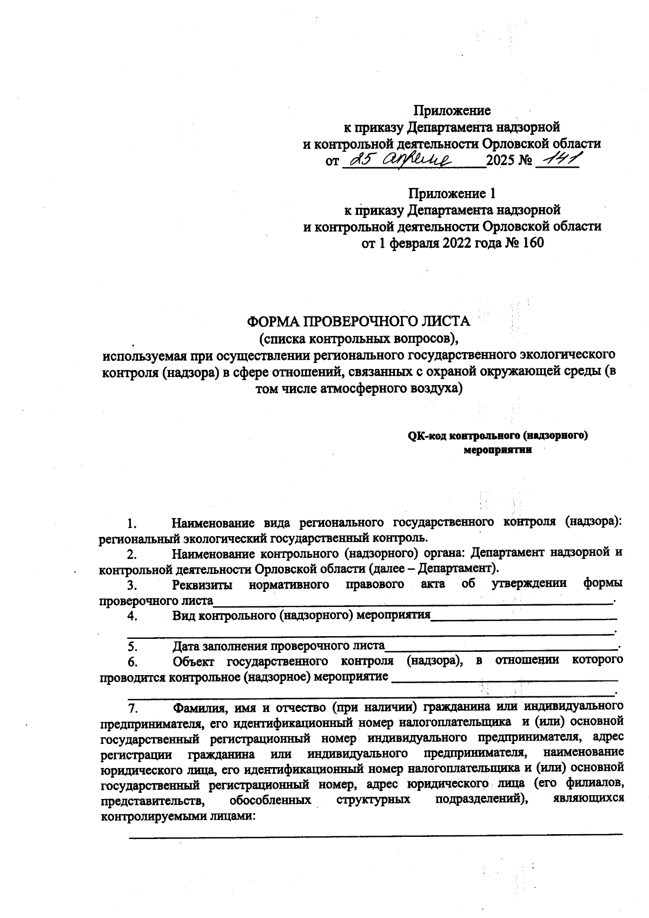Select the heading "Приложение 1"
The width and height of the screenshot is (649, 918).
tap(452, 193)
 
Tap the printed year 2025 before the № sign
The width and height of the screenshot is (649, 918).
tap(502, 161)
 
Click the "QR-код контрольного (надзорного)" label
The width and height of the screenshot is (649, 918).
tap(498, 435)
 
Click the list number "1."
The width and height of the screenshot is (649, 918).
tap(132, 523)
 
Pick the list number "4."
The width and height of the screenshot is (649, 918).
tap(132, 616)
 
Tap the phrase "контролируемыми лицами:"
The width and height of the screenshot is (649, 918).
tap(178, 816)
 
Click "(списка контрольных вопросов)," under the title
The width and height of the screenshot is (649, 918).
tap(359, 339)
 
